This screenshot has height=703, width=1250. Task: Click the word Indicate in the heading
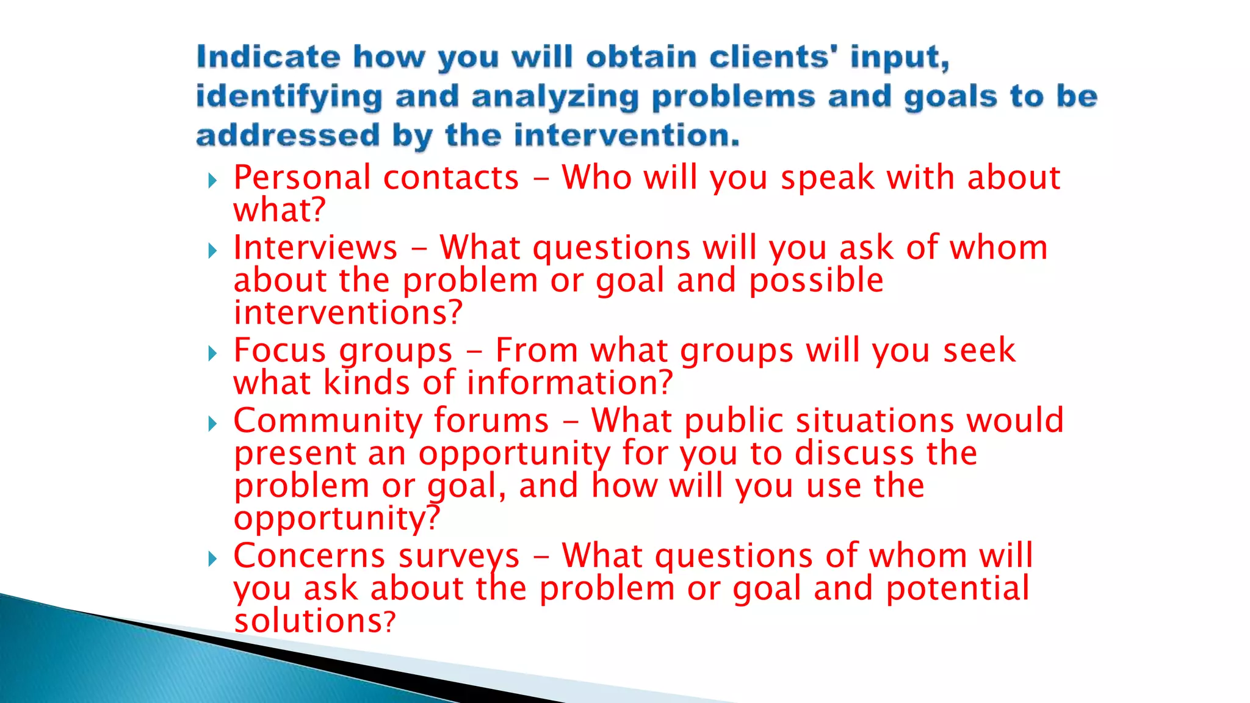click(269, 57)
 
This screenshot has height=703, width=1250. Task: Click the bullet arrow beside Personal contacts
click(212, 180)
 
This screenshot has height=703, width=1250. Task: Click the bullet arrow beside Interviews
click(212, 250)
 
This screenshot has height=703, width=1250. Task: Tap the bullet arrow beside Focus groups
click(212, 353)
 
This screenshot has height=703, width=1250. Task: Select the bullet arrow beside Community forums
click(212, 423)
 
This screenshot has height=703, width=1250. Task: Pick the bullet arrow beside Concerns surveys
click(212, 558)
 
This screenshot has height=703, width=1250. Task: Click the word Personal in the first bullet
click(302, 178)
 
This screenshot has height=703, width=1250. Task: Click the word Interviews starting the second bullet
click(316, 248)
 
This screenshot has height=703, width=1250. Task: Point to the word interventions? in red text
click(348, 312)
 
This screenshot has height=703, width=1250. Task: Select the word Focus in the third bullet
click(280, 351)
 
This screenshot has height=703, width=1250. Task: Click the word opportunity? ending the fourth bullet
click(337, 519)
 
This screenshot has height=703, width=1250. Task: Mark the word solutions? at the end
click(315, 621)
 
